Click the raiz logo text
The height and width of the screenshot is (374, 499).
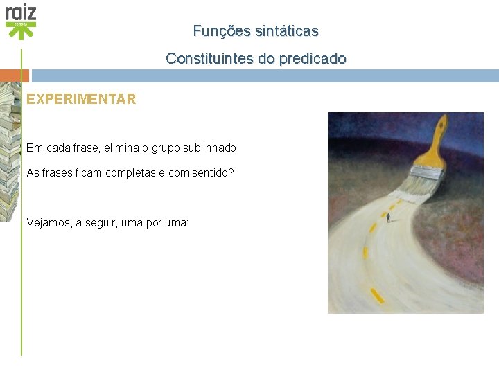click(21, 12)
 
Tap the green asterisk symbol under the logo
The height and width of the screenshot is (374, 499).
click(21, 32)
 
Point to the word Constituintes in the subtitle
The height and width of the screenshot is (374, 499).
click(209, 59)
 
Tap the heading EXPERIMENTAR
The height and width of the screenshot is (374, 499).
click(81, 99)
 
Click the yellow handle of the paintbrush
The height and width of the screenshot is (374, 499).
click(431, 137)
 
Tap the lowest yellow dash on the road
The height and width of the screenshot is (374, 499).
click(376, 296)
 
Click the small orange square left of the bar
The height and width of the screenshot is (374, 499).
click(15, 75)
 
